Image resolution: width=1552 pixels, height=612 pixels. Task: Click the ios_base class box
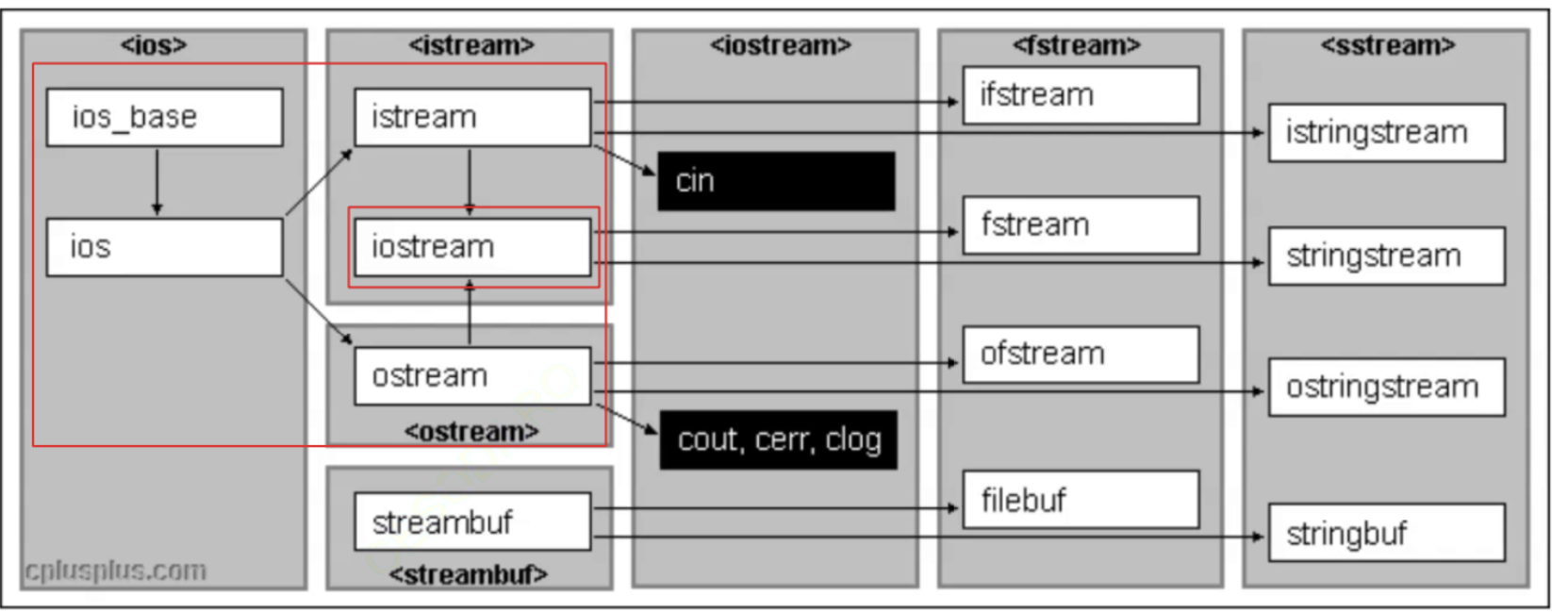[164, 117]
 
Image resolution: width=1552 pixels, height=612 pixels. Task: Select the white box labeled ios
[164, 247]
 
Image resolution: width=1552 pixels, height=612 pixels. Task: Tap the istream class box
[472, 117]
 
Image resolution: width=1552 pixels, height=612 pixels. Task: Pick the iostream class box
[472, 247]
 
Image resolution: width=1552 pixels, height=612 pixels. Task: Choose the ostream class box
[472, 375]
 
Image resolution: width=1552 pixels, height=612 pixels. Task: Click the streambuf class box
[472, 521]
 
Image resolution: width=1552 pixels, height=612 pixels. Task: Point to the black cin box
[776, 181]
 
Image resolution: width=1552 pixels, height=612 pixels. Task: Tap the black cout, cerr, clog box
[778, 439]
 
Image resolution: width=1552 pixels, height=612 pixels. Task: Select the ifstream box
[1081, 95]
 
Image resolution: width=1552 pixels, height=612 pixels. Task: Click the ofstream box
[1081, 355]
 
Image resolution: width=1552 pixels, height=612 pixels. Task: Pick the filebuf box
[1081, 500]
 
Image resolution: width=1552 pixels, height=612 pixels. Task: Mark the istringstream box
[1386, 133]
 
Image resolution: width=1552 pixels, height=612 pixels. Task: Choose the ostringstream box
[1386, 387]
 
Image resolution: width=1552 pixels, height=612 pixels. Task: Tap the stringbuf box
[1386, 534]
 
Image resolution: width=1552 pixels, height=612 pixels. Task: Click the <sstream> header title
[1387, 45]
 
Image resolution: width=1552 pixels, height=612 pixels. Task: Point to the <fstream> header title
[1077, 45]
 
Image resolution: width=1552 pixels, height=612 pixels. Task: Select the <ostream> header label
[471, 432]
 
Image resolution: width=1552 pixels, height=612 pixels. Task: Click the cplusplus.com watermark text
[115, 571]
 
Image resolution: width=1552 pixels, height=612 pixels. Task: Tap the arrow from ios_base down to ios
[157, 181]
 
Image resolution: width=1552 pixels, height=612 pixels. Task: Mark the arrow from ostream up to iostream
[470, 313]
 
